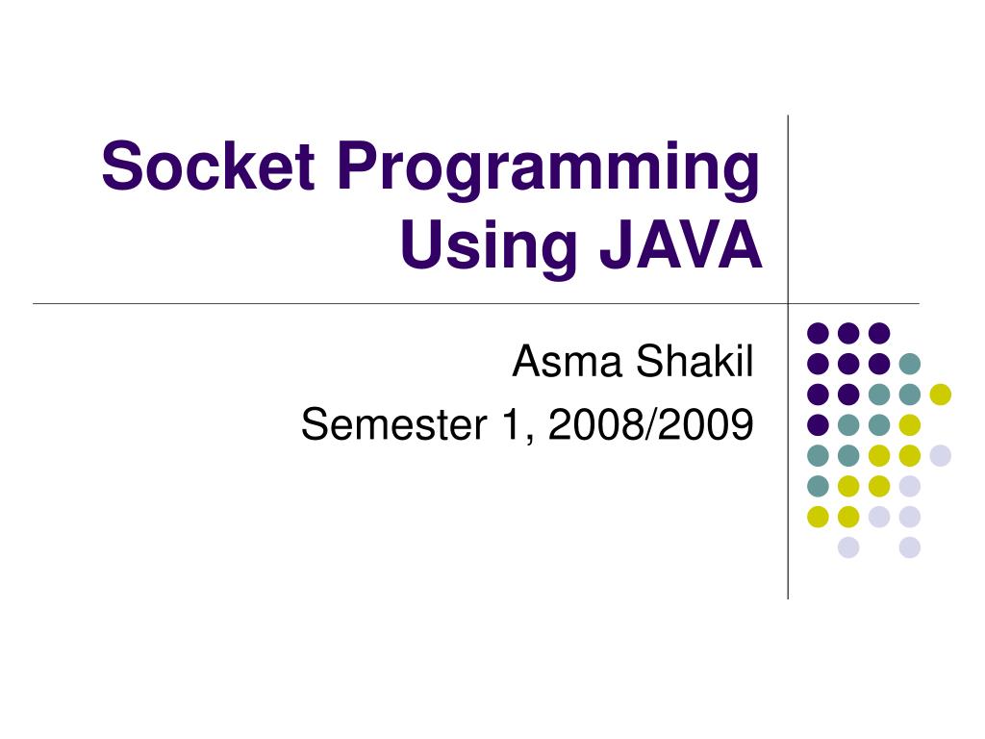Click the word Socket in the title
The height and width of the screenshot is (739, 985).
coord(208,166)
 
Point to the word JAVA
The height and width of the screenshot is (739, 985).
coord(681,245)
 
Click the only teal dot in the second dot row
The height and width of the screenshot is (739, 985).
coord(909,364)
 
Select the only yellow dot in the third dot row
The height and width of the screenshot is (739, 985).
coord(940,394)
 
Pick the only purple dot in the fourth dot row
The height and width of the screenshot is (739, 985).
coord(818,424)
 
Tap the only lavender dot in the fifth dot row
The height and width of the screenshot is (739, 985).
coord(940,455)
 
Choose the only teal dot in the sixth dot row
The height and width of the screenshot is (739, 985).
coord(818,486)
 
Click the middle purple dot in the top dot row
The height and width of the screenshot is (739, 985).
coord(848,333)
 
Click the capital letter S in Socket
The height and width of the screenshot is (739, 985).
coord(119,166)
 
